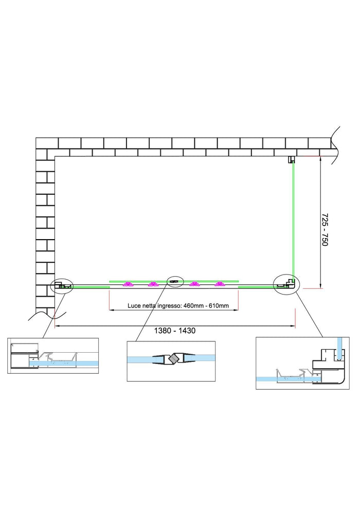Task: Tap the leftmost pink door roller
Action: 128,284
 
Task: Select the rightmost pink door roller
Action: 220,284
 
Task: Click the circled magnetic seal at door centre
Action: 175,281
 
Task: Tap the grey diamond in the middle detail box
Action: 175,358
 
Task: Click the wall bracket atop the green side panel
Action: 291,159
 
